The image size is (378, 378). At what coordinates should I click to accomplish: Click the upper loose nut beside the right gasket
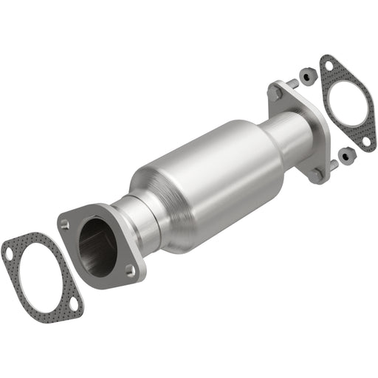(x=304, y=75)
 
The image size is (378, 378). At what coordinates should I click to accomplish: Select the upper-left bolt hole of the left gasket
(x=8, y=252)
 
